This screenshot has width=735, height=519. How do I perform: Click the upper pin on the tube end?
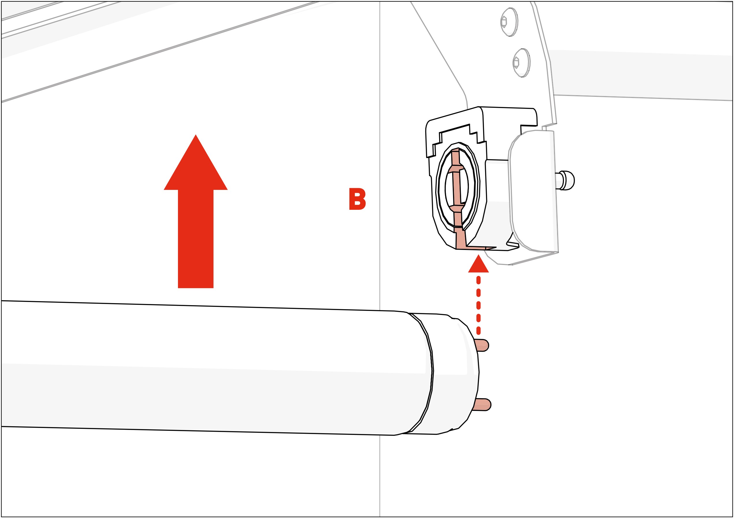[482, 345]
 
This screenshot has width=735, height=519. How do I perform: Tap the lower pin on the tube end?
[483, 405]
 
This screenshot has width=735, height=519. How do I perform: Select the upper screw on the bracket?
[509, 22]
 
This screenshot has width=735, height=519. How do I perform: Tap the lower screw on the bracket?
[521, 63]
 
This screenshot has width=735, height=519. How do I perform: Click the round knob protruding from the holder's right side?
[567, 181]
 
